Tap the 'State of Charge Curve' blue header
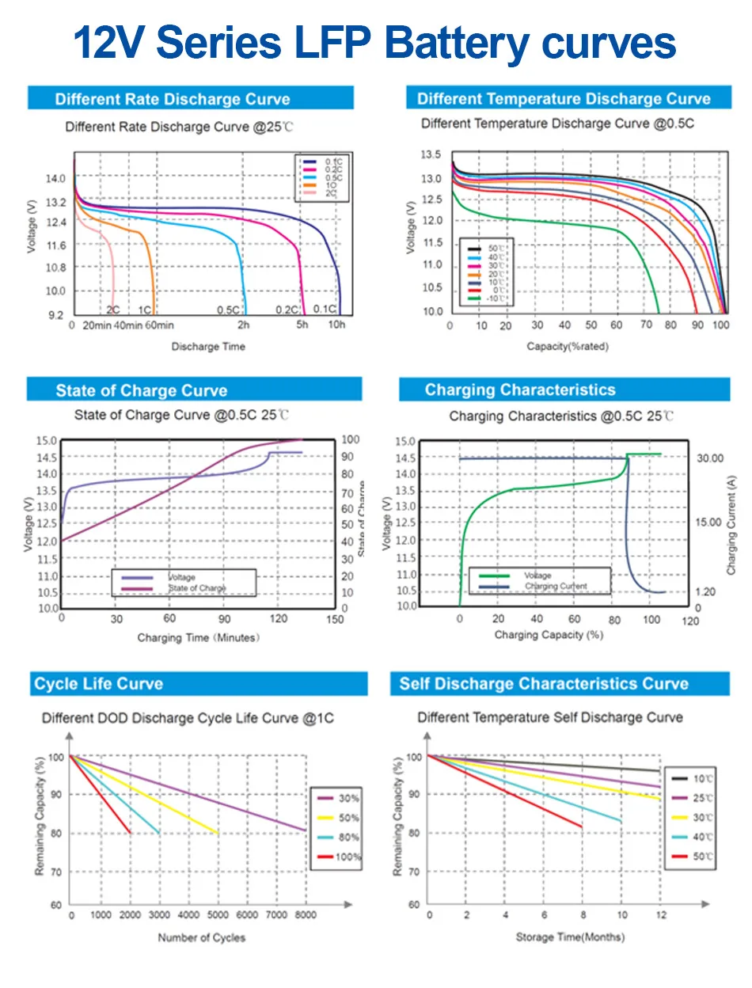tap(141, 390)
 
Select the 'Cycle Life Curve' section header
tap(98, 684)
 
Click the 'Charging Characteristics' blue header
tap(519, 389)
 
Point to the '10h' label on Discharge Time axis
tap(336, 325)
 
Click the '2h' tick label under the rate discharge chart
tap(243, 325)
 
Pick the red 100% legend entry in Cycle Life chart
tap(339, 857)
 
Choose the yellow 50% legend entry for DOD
tap(339, 818)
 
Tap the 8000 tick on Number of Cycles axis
tap(306, 915)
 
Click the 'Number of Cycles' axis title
tap(202, 938)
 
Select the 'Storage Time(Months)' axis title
tap(570, 937)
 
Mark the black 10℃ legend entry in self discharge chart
tap(690, 777)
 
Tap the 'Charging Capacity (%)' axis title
tap(549, 634)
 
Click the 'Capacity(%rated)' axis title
tap(568, 346)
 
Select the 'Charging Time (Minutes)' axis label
tap(198, 637)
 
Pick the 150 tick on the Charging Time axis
tap(335, 619)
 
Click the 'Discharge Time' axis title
tap(208, 346)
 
